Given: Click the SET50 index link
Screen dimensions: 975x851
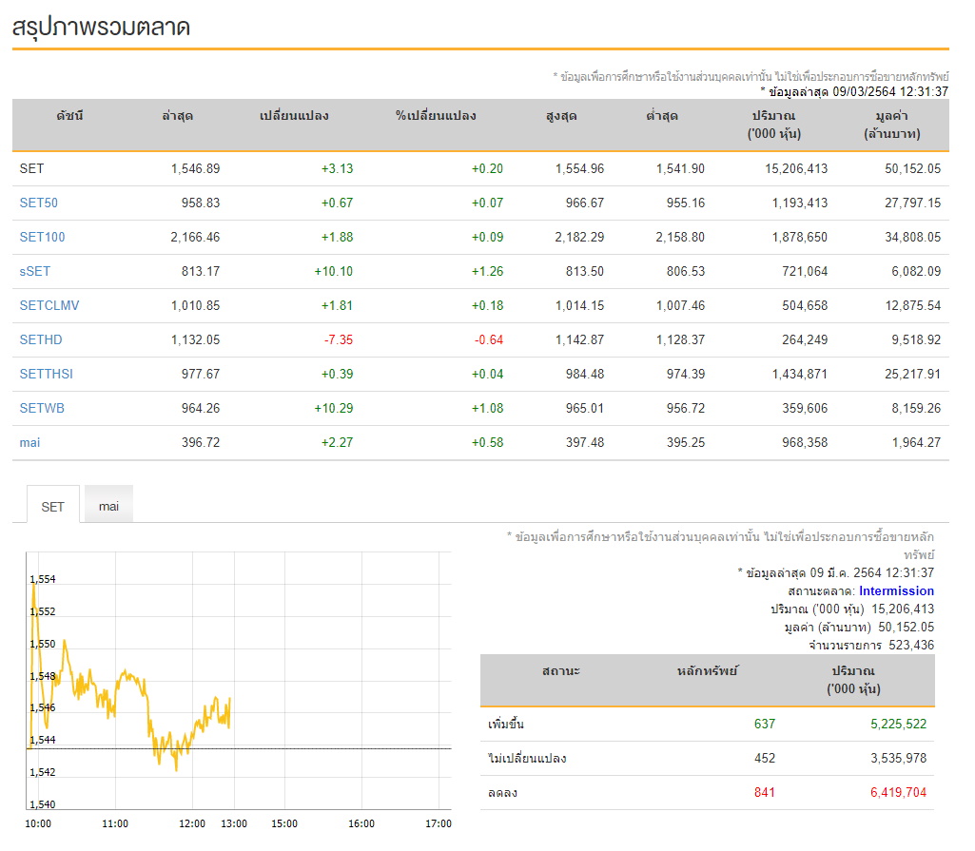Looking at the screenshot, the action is (x=39, y=203).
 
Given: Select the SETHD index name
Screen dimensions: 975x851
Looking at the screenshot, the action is (x=41, y=339).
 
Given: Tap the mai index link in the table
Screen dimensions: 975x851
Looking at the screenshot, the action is (x=29, y=442).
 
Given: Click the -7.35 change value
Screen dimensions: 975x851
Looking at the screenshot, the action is (x=339, y=339).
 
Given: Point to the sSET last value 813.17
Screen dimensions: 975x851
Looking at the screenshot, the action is (x=201, y=271).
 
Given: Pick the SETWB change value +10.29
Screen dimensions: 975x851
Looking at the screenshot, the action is (x=334, y=408).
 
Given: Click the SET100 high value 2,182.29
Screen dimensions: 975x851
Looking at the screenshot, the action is (x=579, y=237).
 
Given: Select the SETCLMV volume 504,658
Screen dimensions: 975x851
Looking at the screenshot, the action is (x=805, y=305).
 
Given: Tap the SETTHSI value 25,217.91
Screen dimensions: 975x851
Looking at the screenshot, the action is (x=913, y=374).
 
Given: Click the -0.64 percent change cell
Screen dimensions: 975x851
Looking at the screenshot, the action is (x=489, y=339).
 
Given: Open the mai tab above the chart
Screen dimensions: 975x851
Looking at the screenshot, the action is (x=108, y=506).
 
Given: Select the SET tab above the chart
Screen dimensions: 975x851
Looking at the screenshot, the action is (x=53, y=507).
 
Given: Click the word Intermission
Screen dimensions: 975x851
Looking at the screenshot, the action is (x=897, y=590).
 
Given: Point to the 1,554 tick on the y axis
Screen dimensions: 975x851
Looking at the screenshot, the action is (x=43, y=579).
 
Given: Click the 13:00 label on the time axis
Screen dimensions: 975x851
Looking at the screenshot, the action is (x=234, y=823).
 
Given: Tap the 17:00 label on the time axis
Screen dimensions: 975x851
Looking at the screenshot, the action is (x=439, y=823).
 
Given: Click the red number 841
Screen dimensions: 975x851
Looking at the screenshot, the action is (x=765, y=792).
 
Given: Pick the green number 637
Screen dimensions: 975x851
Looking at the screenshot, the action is (x=765, y=724).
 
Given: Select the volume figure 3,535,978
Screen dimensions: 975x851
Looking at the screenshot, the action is (x=899, y=758).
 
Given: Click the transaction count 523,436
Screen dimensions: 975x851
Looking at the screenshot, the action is (x=911, y=645).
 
